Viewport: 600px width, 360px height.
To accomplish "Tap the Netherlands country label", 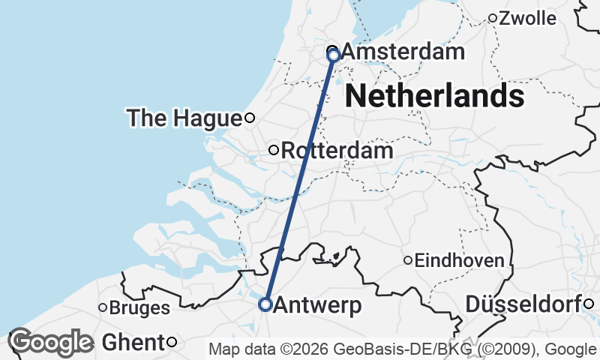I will [x=434, y=96].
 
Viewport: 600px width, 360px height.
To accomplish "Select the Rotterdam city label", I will [x=337, y=151].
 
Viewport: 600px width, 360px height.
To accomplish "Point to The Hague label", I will [x=184, y=118].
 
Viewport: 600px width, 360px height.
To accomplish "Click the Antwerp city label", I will [x=318, y=305].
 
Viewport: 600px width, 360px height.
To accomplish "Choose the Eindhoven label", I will [x=459, y=261].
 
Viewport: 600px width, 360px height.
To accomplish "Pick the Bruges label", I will [x=139, y=307].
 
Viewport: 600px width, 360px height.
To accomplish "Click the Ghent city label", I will [x=131, y=343].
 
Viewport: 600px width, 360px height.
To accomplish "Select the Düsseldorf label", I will [x=524, y=304].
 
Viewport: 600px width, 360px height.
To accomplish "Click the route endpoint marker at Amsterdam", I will [x=334, y=55].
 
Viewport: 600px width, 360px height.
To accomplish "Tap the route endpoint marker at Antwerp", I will [x=265, y=304].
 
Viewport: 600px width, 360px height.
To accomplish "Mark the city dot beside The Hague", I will [x=250, y=117].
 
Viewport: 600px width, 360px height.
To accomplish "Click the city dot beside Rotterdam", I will [x=274, y=150].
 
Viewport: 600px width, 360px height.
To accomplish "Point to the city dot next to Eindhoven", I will [x=408, y=260].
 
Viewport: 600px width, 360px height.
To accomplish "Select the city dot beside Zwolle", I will [x=493, y=18].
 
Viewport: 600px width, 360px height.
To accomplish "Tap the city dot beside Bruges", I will [x=103, y=307].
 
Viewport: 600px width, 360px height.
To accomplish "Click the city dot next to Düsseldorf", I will [x=589, y=303].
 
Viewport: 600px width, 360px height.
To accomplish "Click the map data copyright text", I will [x=402, y=349].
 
